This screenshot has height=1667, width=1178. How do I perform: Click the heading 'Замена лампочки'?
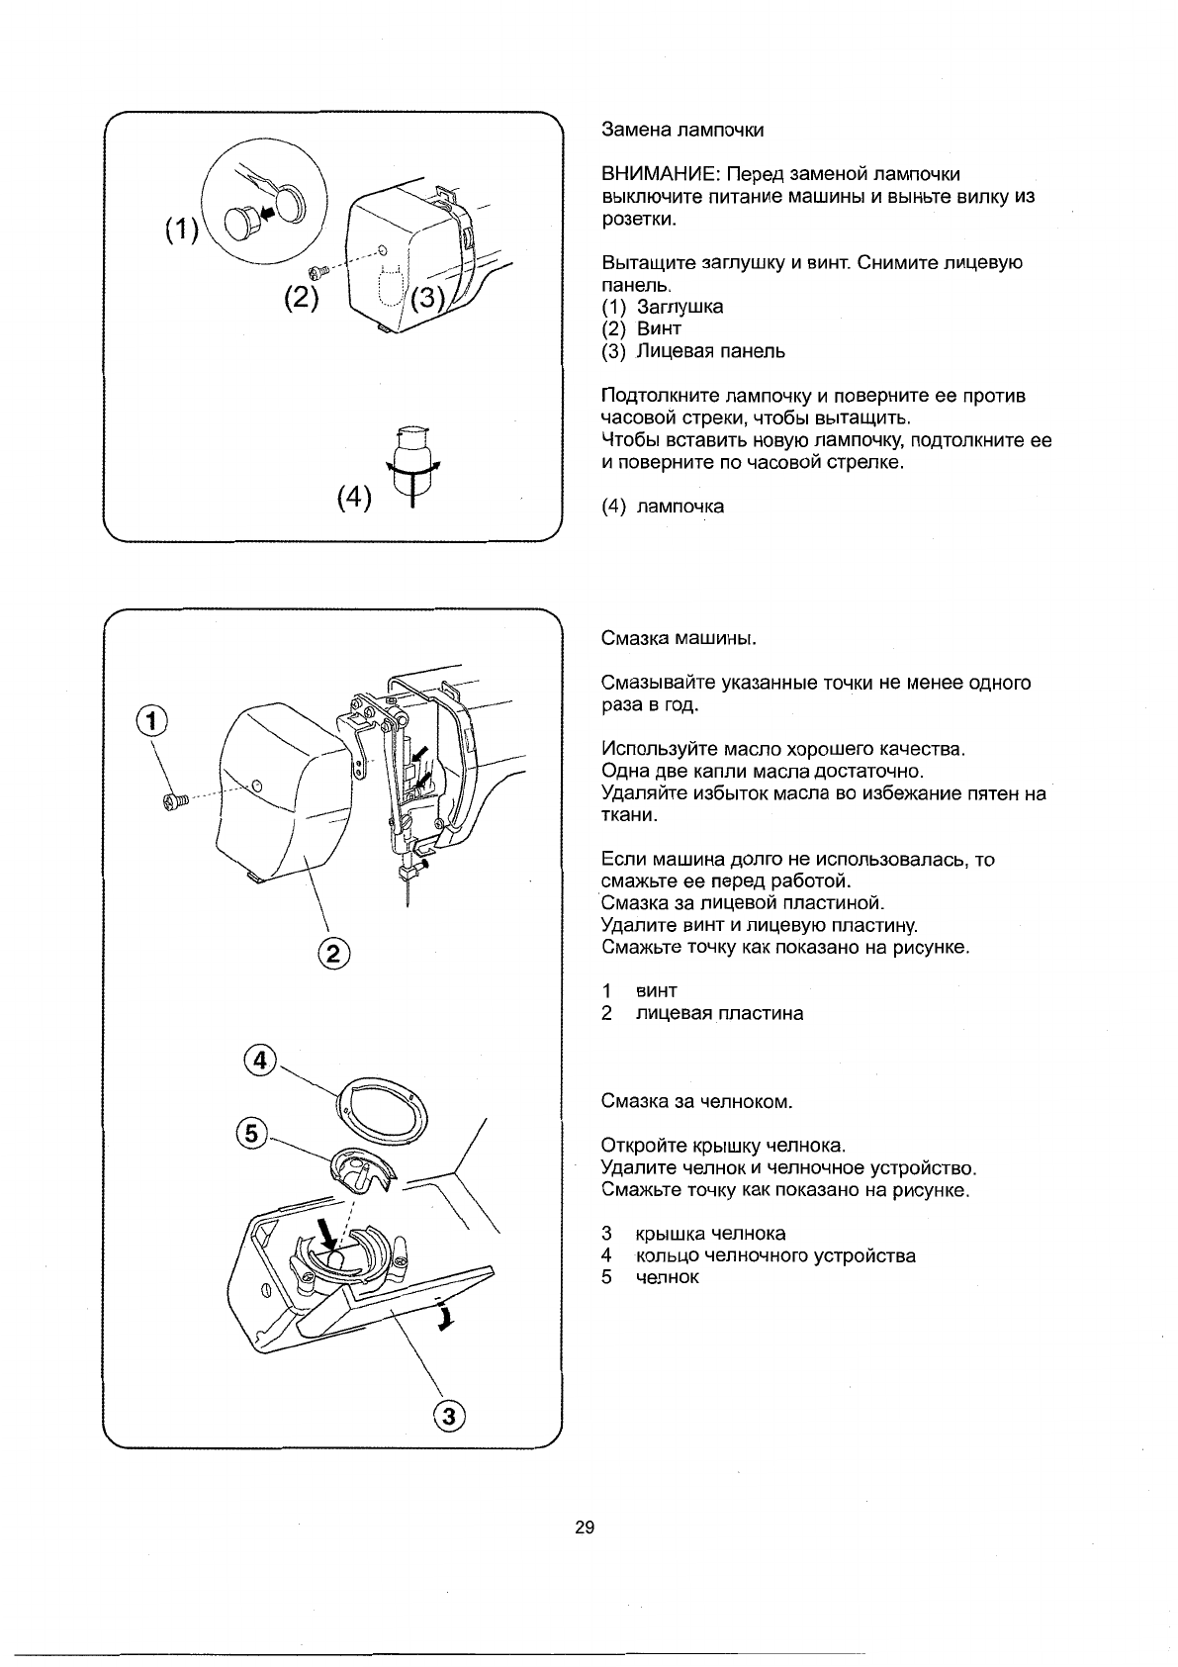click(x=682, y=131)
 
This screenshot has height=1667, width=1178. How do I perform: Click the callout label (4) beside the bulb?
click(x=353, y=497)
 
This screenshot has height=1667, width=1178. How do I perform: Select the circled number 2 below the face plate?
click(x=333, y=954)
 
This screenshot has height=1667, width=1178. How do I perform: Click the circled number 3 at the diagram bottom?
click(x=449, y=1416)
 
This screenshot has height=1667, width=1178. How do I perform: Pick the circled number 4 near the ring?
click(x=257, y=1060)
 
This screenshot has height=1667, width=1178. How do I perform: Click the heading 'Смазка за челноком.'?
click(x=697, y=1101)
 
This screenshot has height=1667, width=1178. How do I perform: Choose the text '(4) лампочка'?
click(x=663, y=507)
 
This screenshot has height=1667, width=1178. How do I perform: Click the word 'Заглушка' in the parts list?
click(x=680, y=307)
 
